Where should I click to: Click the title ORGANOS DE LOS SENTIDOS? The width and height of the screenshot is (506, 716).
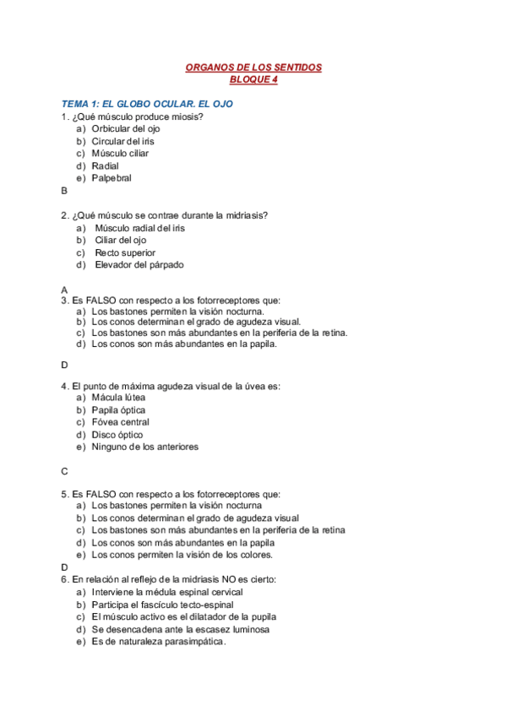pos(253,68)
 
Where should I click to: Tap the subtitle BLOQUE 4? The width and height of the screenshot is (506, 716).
pos(253,80)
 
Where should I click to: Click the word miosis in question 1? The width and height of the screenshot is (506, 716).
pos(188,117)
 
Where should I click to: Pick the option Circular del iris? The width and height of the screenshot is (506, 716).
pos(123,141)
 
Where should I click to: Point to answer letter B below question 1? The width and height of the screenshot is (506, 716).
pos(64,191)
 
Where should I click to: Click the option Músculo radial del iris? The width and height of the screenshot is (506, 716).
pos(140,228)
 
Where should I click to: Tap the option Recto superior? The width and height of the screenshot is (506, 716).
pos(125,252)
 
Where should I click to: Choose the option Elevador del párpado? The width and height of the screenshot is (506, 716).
pos(139,264)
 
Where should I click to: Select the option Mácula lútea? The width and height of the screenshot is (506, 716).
pos(118,397)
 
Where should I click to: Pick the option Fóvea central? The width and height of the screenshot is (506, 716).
pos(121,422)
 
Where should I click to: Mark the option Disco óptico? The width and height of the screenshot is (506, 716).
pos(117,434)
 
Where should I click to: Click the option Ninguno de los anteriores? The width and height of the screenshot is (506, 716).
pos(145,447)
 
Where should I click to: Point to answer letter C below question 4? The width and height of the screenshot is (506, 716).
pos(64,471)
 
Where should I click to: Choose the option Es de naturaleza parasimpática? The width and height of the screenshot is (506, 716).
pos(159,642)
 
